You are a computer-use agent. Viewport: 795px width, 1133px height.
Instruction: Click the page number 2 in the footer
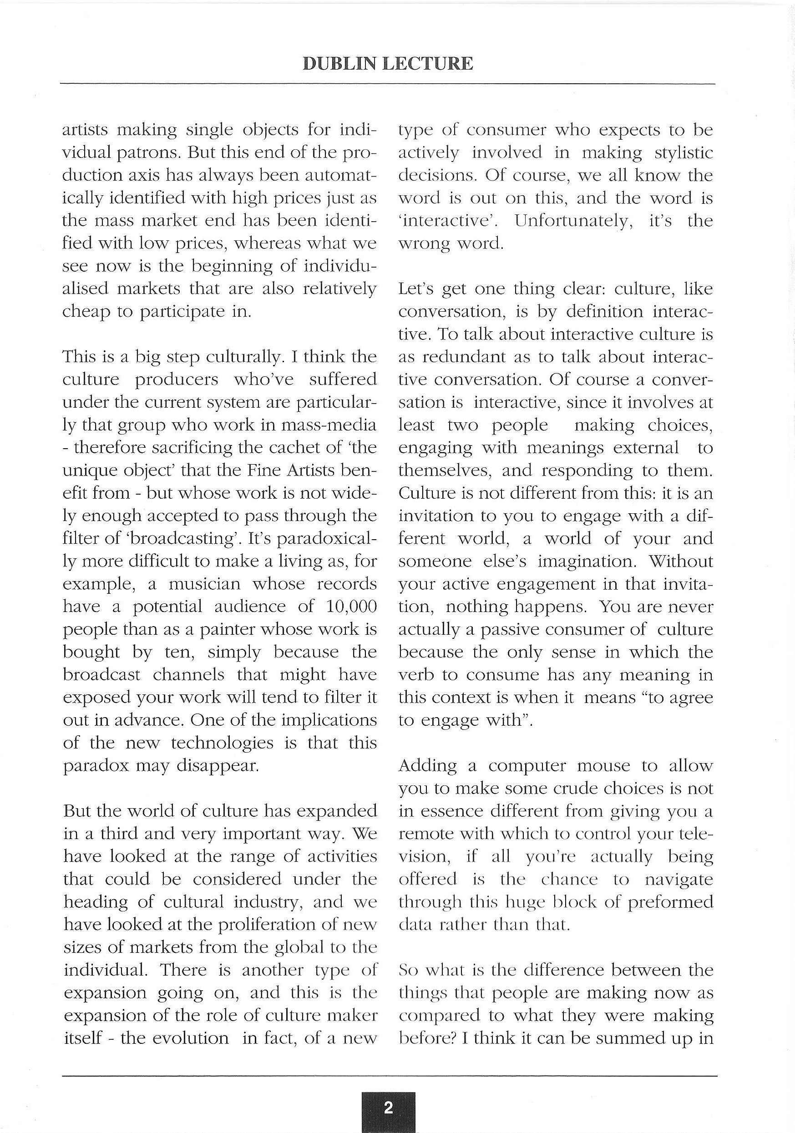pyautogui.click(x=388, y=1105)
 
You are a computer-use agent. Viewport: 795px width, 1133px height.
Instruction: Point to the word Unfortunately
pyautogui.click(x=573, y=221)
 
